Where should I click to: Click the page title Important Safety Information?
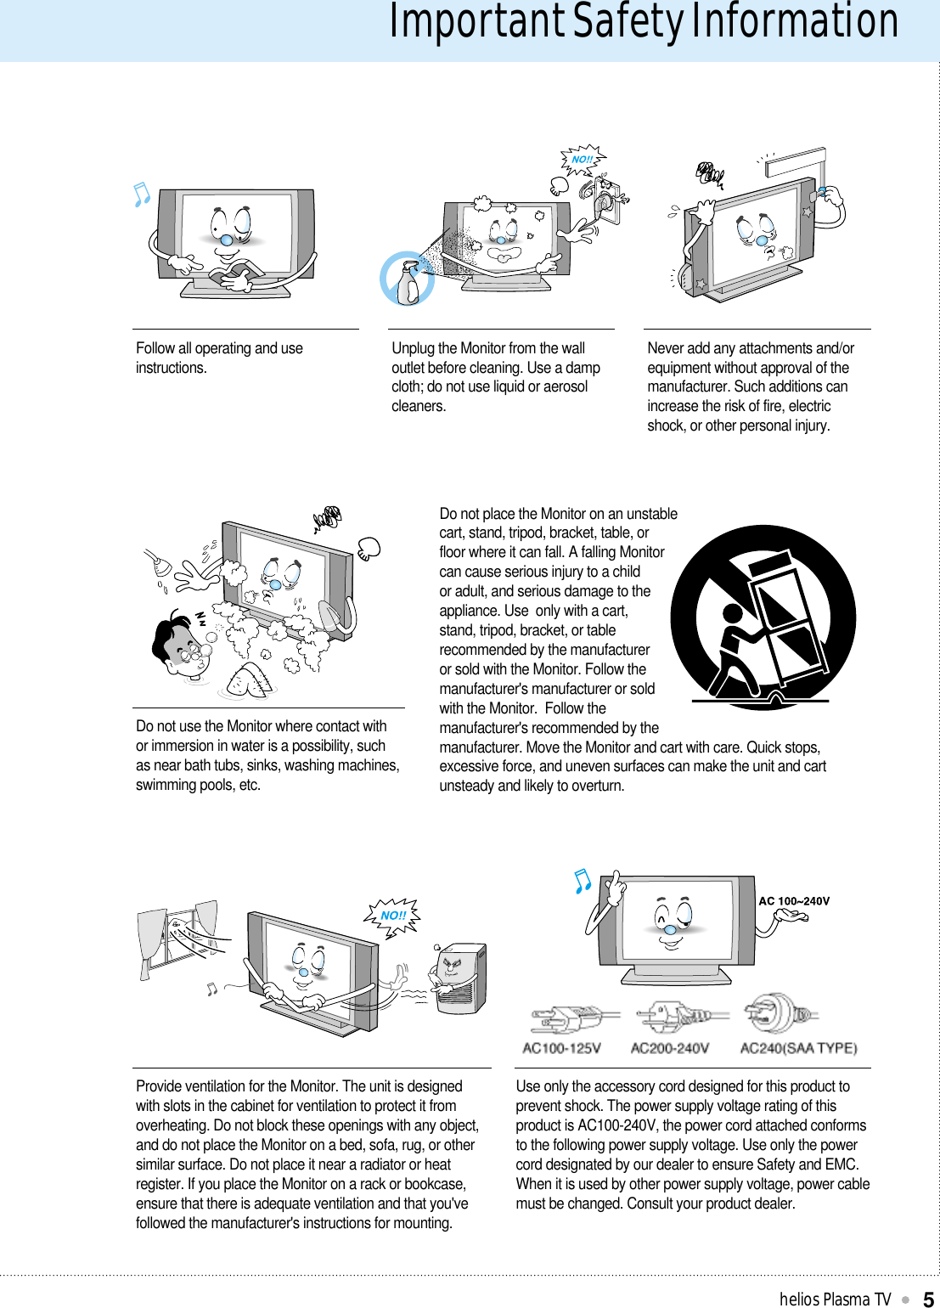643,23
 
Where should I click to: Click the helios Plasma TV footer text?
835,1299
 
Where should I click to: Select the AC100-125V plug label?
561,1048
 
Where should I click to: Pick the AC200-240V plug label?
669,1048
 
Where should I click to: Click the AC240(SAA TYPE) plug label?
798,1048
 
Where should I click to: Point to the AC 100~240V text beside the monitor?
794,901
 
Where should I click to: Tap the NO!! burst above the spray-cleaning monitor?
582,160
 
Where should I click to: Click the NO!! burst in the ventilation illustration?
392,916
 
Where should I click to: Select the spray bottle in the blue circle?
407,279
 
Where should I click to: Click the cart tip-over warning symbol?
763,617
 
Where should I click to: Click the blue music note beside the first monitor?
142,195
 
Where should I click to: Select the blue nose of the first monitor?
227,240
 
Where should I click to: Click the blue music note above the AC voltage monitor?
582,881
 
